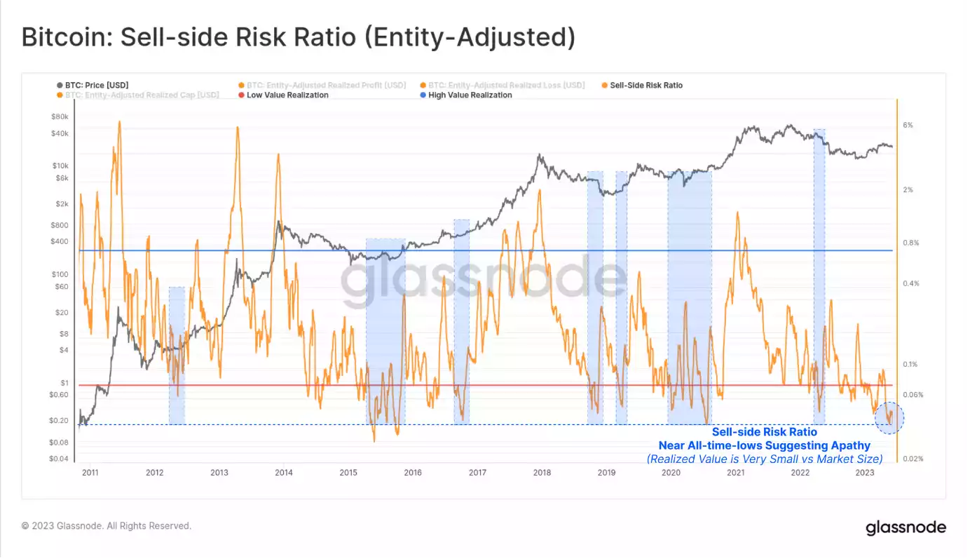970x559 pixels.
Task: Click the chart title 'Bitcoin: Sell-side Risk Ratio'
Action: [298, 38]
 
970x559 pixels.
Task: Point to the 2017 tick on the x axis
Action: [477, 473]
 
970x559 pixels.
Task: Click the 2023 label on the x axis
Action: [865, 473]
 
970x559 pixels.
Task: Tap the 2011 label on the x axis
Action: [90, 473]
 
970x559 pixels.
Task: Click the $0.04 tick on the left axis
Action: [58, 459]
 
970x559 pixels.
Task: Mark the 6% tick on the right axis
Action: [908, 126]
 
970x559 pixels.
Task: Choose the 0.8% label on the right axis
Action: [910, 243]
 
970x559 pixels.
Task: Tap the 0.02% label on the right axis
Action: [913, 459]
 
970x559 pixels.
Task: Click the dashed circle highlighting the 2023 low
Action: [889, 418]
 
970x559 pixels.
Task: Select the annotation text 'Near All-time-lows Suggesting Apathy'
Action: [764, 445]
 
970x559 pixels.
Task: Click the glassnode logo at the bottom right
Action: [906, 527]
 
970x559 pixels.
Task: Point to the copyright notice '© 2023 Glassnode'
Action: [106, 525]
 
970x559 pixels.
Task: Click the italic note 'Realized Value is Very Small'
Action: [764, 459]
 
